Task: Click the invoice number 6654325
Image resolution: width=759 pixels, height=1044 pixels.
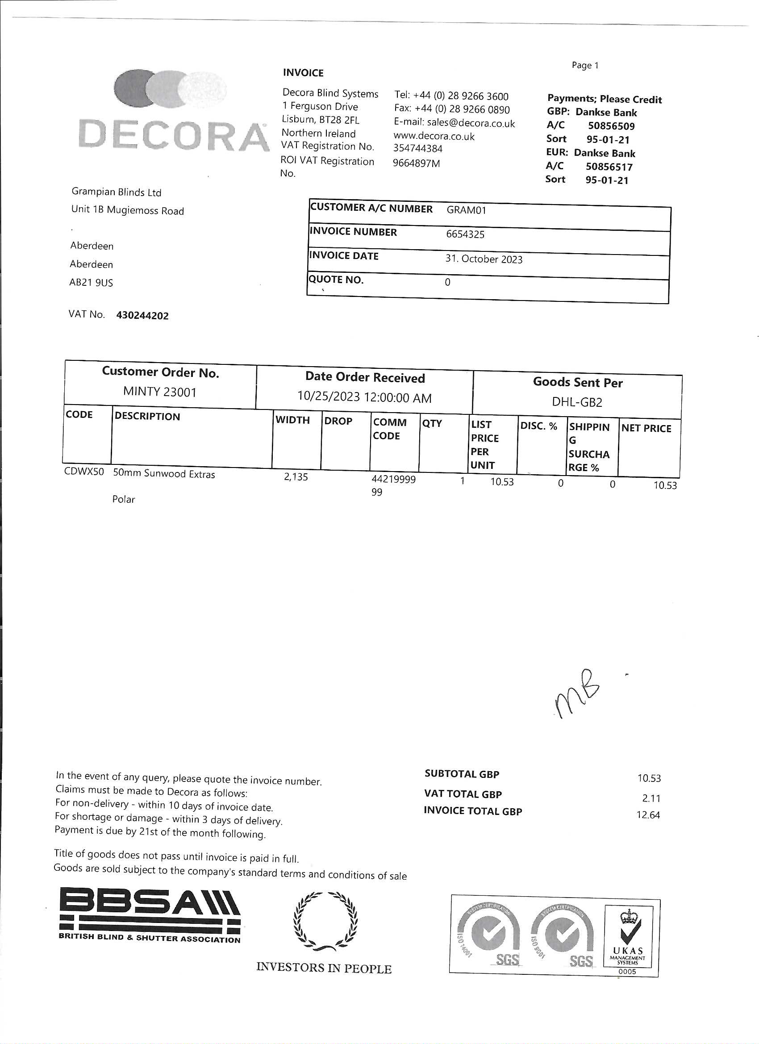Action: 465,234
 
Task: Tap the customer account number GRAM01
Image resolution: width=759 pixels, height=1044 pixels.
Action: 466,210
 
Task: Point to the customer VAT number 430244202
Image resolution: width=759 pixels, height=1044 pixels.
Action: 142,316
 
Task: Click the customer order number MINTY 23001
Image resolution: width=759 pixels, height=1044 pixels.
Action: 160,392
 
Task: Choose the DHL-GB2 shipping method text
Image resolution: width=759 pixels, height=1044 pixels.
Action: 577,402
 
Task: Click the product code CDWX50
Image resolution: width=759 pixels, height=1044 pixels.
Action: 84,472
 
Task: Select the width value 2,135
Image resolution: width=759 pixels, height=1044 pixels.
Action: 296,477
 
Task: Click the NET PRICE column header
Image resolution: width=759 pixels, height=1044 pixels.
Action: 646,429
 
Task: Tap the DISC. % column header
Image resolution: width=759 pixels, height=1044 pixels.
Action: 538,426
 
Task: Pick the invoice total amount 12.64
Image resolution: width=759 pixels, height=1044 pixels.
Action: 648,815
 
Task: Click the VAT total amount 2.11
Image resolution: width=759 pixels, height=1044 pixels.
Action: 651,798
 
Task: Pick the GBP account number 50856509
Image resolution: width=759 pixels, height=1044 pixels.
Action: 611,126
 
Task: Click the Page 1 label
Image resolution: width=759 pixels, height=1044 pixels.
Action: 584,65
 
